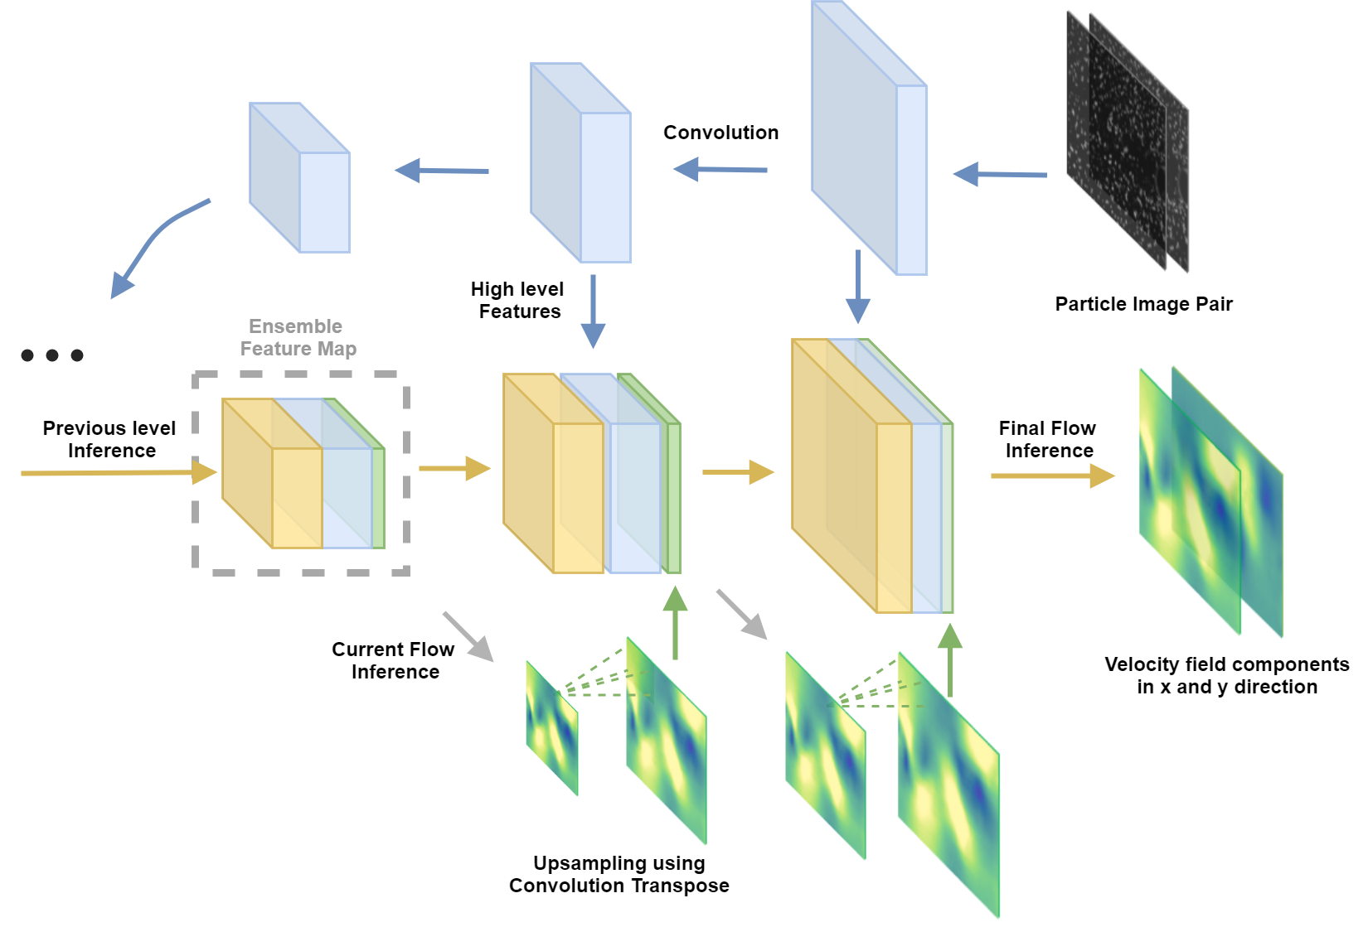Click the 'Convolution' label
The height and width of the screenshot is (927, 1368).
click(720, 133)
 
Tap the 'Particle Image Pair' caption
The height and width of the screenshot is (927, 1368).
click(1143, 304)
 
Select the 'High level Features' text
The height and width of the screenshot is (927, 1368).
click(517, 300)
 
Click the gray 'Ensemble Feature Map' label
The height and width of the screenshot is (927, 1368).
click(298, 337)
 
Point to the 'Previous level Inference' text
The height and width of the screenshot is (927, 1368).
click(109, 439)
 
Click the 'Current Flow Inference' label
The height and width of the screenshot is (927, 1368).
click(393, 660)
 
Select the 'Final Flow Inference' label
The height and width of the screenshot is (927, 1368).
click(1048, 439)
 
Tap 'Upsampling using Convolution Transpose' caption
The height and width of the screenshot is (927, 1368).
click(619, 874)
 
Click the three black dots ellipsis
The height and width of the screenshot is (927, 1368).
click(51, 355)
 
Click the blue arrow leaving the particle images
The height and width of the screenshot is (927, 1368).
click(1000, 175)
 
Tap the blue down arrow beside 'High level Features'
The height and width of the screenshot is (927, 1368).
click(593, 311)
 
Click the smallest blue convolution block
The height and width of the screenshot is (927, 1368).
click(300, 178)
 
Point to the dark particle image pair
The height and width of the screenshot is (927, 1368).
click(1128, 141)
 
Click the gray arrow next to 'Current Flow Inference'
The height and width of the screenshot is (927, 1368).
click(468, 636)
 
